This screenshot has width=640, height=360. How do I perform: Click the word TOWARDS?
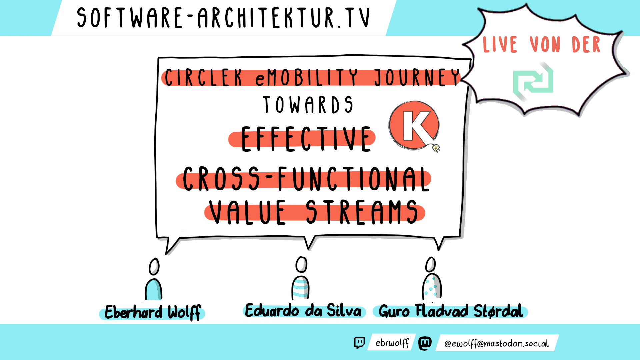308,105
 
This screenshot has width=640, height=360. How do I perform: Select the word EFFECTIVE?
306,139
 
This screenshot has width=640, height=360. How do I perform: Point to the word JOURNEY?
417,78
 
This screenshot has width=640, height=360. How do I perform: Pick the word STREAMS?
362,212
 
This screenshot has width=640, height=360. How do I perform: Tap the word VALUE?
247,212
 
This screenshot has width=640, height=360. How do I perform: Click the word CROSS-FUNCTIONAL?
306,179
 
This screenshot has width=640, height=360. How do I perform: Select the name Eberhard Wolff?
153,312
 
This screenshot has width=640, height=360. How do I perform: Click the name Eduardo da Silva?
303,310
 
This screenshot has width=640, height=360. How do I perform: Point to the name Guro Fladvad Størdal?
451,311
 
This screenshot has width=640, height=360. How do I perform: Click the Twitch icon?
359,343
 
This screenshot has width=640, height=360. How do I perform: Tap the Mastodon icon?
425,343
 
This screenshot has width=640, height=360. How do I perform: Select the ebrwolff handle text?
392,343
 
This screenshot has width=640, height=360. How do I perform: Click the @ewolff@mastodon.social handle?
496,343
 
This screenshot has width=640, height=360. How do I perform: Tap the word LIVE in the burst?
500,44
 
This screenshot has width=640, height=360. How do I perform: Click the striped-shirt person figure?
301,278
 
